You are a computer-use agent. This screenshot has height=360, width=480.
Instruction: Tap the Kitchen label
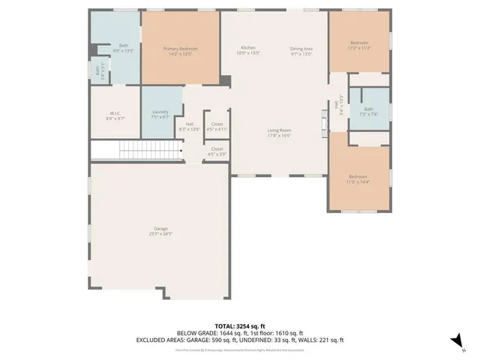(247, 48)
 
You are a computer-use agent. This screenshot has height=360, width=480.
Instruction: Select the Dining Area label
(301, 49)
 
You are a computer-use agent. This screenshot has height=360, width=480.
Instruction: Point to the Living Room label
(279, 130)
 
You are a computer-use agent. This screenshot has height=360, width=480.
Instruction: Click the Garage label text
(160, 228)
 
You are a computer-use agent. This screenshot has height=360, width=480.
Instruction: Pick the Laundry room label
(160, 112)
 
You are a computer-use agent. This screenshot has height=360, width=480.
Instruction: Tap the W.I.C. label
(115, 113)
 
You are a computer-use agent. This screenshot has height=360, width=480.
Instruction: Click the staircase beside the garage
(136, 151)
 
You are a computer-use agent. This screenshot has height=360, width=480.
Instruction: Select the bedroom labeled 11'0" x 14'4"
(358, 177)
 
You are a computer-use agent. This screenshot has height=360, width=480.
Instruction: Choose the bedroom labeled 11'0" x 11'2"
(359, 43)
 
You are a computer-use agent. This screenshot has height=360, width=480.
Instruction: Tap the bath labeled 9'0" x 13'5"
(123, 46)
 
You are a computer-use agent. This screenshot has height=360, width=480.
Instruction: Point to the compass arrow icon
(455, 341)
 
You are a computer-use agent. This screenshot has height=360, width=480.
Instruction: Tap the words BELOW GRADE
(194, 333)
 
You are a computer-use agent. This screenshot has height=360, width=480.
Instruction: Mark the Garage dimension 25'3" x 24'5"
(160, 234)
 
